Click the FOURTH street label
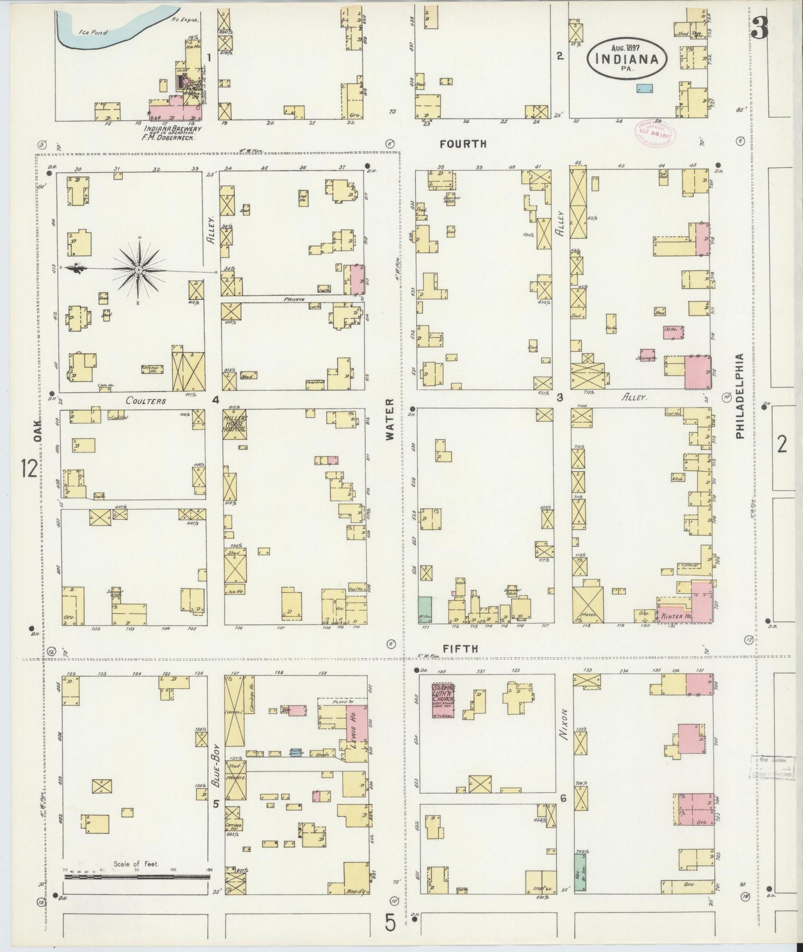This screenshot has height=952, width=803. click(463, 144)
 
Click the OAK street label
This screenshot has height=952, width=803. click(37, 430)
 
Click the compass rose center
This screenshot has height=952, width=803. click(138, 270)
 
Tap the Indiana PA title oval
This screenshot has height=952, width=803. click(627, 58)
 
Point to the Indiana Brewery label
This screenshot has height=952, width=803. click(172, 128)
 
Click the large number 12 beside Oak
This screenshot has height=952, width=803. click(29, 469)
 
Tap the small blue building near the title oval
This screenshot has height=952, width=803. click(644, 88)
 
